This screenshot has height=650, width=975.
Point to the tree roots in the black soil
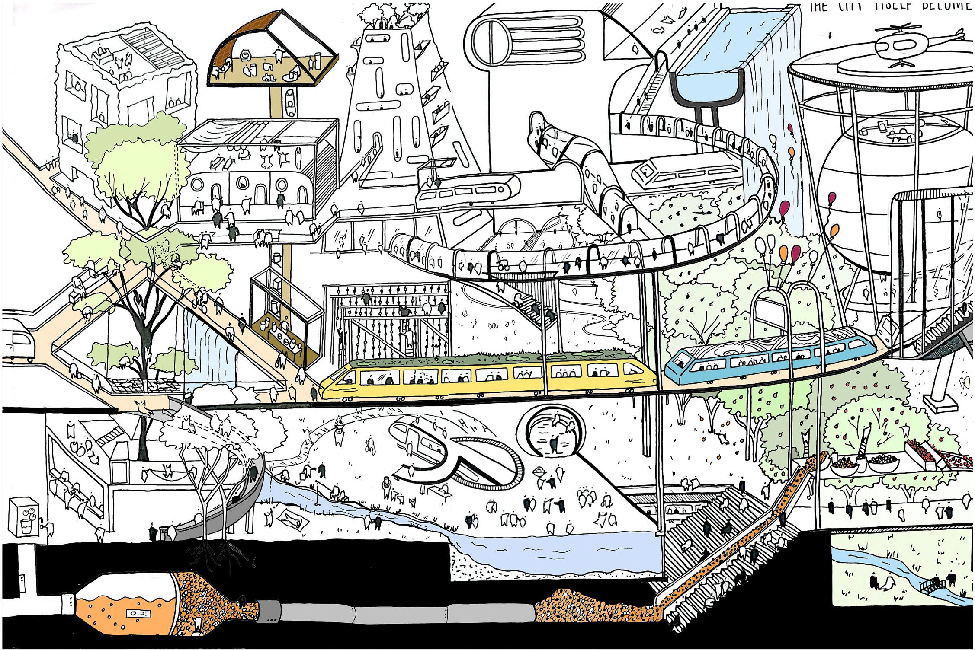click(x=216, y=558)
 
